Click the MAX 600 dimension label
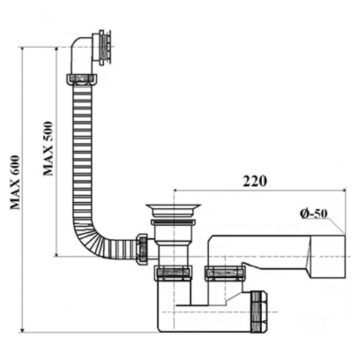click(x=15, y=182)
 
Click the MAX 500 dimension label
click(x=48, y=149)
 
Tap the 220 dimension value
click(x=255, y=181)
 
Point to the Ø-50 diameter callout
click(x=314, y=214)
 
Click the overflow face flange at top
click(x=104, y=47)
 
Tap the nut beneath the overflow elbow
click(x=82, y=79)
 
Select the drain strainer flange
click(x=173, y=210)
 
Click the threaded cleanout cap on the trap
click(x=259, y=311)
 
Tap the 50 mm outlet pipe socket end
click(x=328, y=257)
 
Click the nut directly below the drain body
click(x=173, y=273)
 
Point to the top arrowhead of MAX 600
click(x=22, y=49)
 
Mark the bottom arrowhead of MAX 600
click(x=22, y=329)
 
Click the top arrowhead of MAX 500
click(x=56, y=49)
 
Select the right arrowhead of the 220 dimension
click(x=343, y=190)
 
